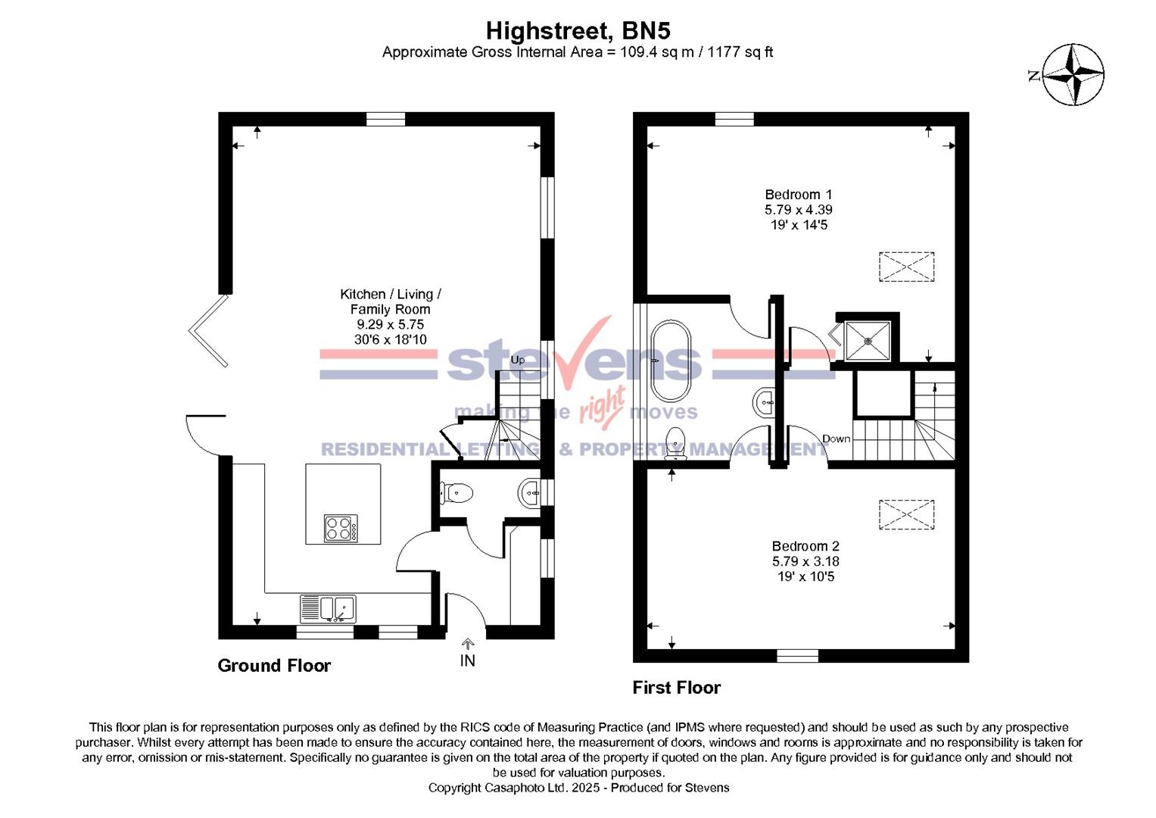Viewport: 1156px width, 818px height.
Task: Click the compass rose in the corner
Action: pyautogui.click(x=1073, y=74)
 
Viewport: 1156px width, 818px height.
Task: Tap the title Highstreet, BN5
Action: pyautogui.click(x=578, y=31)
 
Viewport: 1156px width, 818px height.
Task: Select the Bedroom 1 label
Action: pyautogui.click(x=798, y=195)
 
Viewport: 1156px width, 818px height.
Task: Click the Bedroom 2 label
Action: pyautogui.click(x=805, y=546)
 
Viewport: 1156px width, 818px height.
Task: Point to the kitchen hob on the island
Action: pyautogui.click(x=341, y=528)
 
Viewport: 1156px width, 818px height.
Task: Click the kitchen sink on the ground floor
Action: pyautogui.click(x=328, y=608)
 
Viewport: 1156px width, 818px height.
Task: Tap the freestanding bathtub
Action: pyautogui.click(x=671, y=361)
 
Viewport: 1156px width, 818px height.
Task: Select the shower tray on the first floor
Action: pyautogui.click(x=868, y=341)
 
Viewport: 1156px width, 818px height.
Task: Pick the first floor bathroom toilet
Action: pyautogui.click(x=675, y=443)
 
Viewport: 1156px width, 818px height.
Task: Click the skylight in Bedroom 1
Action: pyautogui.click(x=906, y=267)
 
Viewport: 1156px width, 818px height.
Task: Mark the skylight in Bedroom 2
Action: pyautogui.click(x=906, y=515)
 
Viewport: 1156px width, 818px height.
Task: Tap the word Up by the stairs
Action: pyautogui.click(x=517, y=360)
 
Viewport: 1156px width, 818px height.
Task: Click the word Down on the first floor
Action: pyautogui.click(x=836, y=439)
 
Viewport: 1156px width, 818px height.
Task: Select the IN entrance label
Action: pyautogui.click(x=468, y=660)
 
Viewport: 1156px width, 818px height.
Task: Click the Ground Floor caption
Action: pyautogui.click(x=274, y=666)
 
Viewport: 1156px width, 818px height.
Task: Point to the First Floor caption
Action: pyautogui.click(x=676, y=688)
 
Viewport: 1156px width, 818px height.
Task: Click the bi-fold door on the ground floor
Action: pyautogui.click(x=208, y=331)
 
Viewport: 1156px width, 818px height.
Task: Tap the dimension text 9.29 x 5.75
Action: pyautogui.click(x=390, y=324)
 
